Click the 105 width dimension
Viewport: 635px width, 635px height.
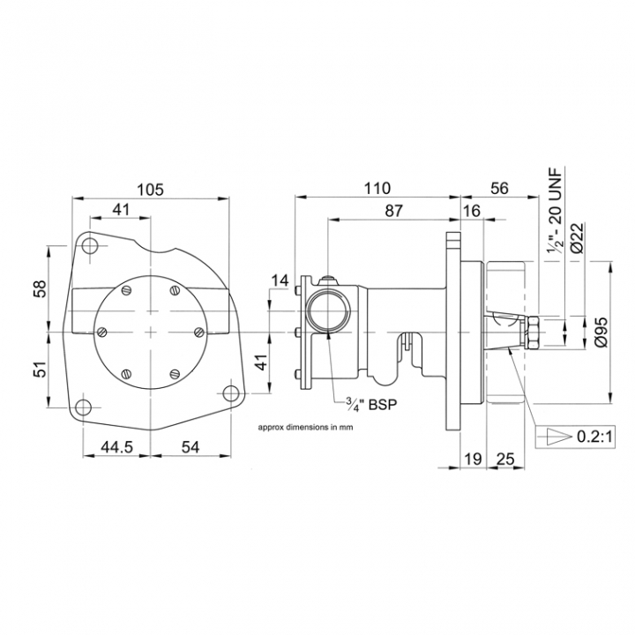pyautogui.click(x=150, y=189)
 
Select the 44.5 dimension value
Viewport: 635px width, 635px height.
pyautogui.click(x=116, y=446)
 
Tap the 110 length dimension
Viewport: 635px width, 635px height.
pyautogui.click(x=377, y=189)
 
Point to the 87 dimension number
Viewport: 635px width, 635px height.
pyautogui.click(x=394, y=211)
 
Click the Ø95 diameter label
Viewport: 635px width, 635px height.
pyautogui.click(x=601, y=332)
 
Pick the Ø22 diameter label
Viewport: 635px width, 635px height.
pyautogui.click(x=576, y=237)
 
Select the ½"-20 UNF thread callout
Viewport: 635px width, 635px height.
pyautogui.click(x=555, y=212)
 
